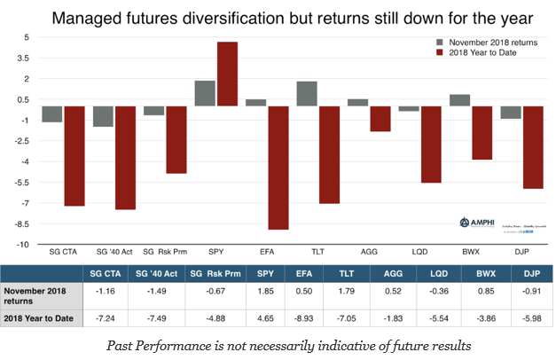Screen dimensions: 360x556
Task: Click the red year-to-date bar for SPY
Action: (228, 74)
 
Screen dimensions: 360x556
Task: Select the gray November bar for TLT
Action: (307, 93)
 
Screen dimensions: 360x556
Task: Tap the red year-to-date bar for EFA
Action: (279, 168)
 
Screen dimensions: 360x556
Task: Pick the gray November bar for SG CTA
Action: (51, 113)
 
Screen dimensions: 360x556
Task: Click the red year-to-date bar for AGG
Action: (381, 119)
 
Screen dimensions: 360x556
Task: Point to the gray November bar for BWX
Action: (459, 99)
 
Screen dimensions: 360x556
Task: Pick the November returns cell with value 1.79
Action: (343, 293)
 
